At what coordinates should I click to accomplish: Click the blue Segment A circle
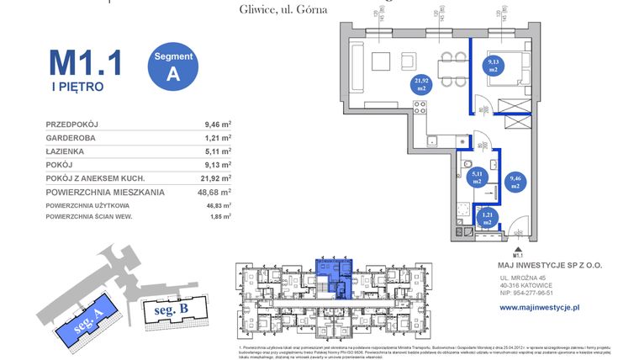coord(174,65)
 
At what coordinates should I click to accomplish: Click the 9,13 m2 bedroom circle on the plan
coord(493,66)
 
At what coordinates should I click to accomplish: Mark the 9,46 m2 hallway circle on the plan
coord(515,183)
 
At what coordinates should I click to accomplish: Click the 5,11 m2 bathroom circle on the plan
coord(476,177)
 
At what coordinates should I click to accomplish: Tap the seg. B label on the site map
coord(172,309)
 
